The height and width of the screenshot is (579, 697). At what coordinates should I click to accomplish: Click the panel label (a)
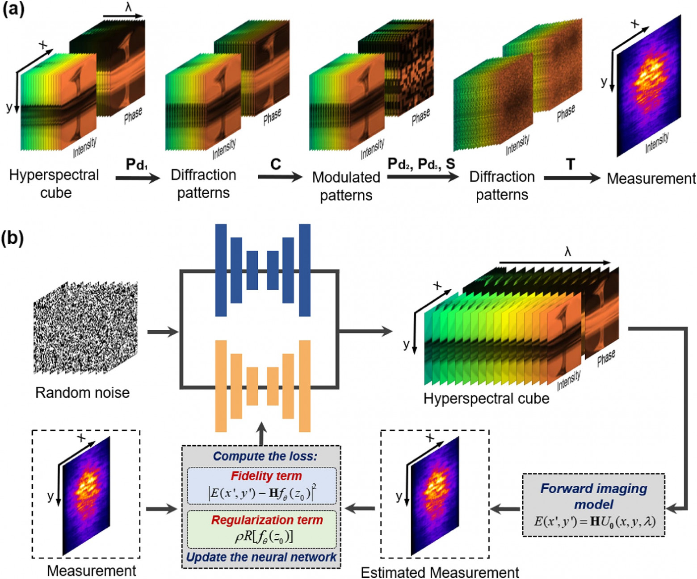point(13,9)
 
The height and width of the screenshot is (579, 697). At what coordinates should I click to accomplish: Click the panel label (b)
point(13,237)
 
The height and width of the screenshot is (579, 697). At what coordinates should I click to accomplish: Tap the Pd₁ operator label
point(136,164)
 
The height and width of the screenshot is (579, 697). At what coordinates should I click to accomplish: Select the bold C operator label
point(276,164)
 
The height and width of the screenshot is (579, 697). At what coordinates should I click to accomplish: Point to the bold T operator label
point(571,164)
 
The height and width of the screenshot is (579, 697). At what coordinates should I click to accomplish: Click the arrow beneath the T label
point(571,178)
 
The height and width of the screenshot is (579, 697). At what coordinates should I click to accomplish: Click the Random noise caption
point(82,392)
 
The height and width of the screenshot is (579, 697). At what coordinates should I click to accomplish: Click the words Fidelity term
point(266,476)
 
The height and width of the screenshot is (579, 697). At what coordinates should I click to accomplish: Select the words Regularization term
point(267,520)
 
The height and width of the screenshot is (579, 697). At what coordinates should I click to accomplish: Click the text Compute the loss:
point(265,456)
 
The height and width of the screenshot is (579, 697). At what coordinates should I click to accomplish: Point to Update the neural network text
point(261,557)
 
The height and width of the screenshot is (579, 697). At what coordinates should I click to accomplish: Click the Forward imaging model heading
point(593,496)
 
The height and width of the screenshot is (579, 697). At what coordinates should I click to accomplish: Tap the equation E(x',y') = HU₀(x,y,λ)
point(594,521)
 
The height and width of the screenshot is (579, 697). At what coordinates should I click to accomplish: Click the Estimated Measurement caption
point(440,572)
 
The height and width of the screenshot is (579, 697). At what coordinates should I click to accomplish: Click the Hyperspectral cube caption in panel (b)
point(486,398)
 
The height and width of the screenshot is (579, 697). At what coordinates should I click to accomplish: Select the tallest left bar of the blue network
point(221,270)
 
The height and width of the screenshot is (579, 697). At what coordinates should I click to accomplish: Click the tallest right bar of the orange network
point(305,386)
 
